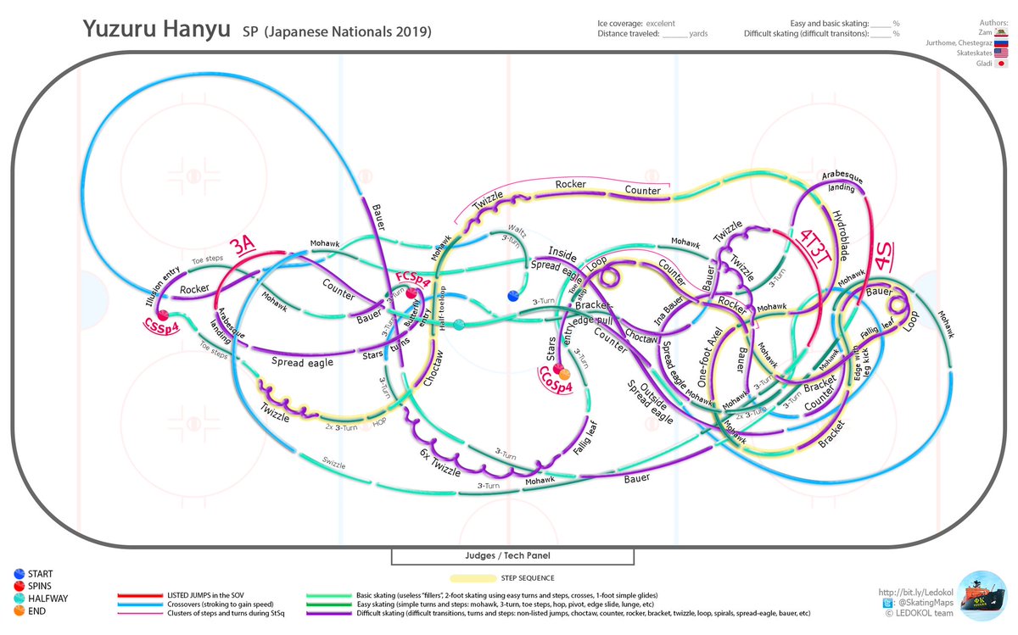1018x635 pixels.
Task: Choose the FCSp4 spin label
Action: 411,281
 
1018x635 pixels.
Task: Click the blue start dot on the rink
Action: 512,295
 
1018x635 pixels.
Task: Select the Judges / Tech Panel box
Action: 512,556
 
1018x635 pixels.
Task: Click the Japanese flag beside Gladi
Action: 1001,63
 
